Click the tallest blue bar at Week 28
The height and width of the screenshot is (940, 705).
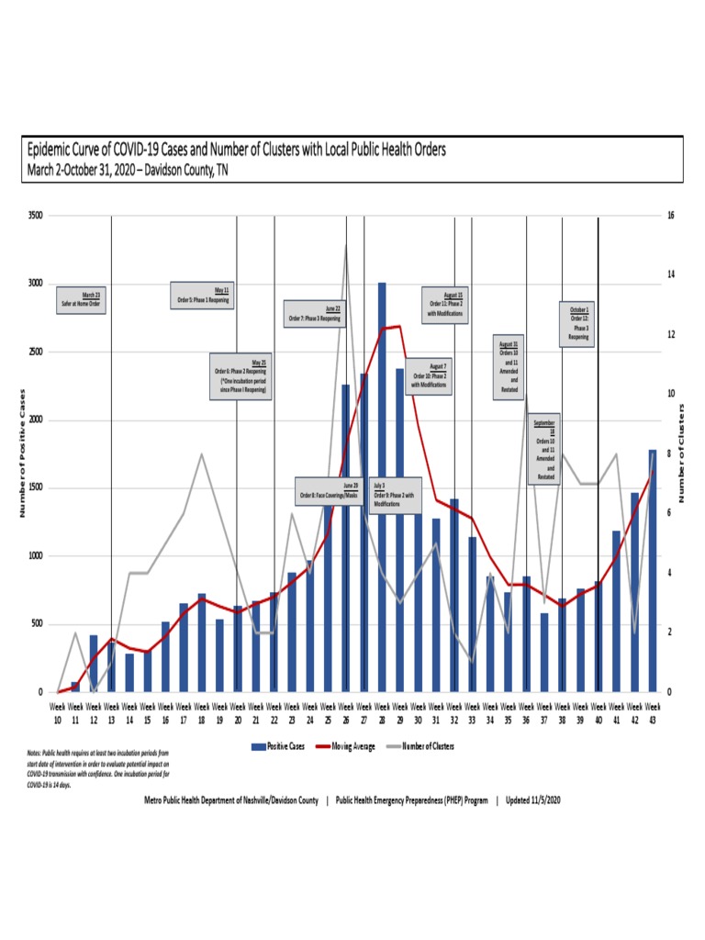(382, 487)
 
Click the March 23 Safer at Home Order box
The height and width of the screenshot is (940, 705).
(81, 298)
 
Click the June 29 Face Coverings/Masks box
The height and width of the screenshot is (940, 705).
(328, 491)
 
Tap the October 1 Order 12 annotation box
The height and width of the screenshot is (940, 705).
(577, 323)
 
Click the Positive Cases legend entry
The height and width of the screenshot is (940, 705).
(279, 746)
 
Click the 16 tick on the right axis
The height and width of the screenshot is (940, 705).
(671, 216)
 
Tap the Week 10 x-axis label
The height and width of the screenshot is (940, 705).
(57, 713)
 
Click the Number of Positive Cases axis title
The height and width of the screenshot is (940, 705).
(21, 453)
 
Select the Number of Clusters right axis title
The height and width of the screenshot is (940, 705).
(682, 453)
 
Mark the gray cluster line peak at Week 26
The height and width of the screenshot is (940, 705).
(346, 245)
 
